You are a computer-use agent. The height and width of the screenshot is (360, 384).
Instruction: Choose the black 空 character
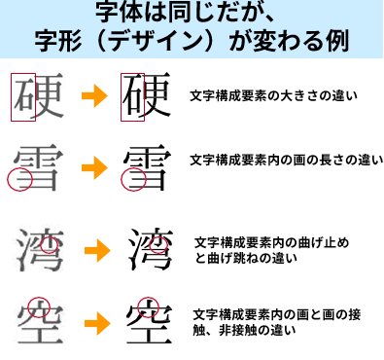149,320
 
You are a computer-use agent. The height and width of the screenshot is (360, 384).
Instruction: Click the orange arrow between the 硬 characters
93,96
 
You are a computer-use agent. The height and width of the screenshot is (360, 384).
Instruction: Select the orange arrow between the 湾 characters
96,251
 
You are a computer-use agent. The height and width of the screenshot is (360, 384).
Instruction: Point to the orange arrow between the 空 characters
96,321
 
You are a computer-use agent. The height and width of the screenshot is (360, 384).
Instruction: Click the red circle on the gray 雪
18,178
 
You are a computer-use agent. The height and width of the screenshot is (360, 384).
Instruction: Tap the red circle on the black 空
148,306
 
